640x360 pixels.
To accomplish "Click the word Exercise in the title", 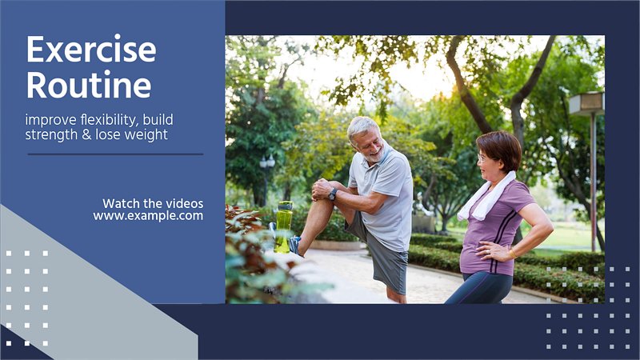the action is (91, 49).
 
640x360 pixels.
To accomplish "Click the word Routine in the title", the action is (89, 85).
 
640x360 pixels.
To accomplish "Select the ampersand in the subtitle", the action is (86, 134).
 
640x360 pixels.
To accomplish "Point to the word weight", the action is (146, 135).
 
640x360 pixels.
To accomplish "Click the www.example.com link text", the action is (148, 215).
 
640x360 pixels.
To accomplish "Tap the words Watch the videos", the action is (153, 203).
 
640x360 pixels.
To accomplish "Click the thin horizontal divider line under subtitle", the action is (115, 154).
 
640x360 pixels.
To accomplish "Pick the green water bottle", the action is (283, 227).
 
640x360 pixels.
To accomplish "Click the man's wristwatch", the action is (333, 194).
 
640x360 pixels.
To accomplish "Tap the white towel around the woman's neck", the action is (486, 197).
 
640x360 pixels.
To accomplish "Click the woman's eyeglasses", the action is (482, 158).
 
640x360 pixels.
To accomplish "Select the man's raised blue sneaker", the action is (294, 245).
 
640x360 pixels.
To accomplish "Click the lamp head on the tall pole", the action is (586, 103).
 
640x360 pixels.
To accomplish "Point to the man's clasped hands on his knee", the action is (322, 190).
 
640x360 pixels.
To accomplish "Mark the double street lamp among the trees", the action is (267, 162).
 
